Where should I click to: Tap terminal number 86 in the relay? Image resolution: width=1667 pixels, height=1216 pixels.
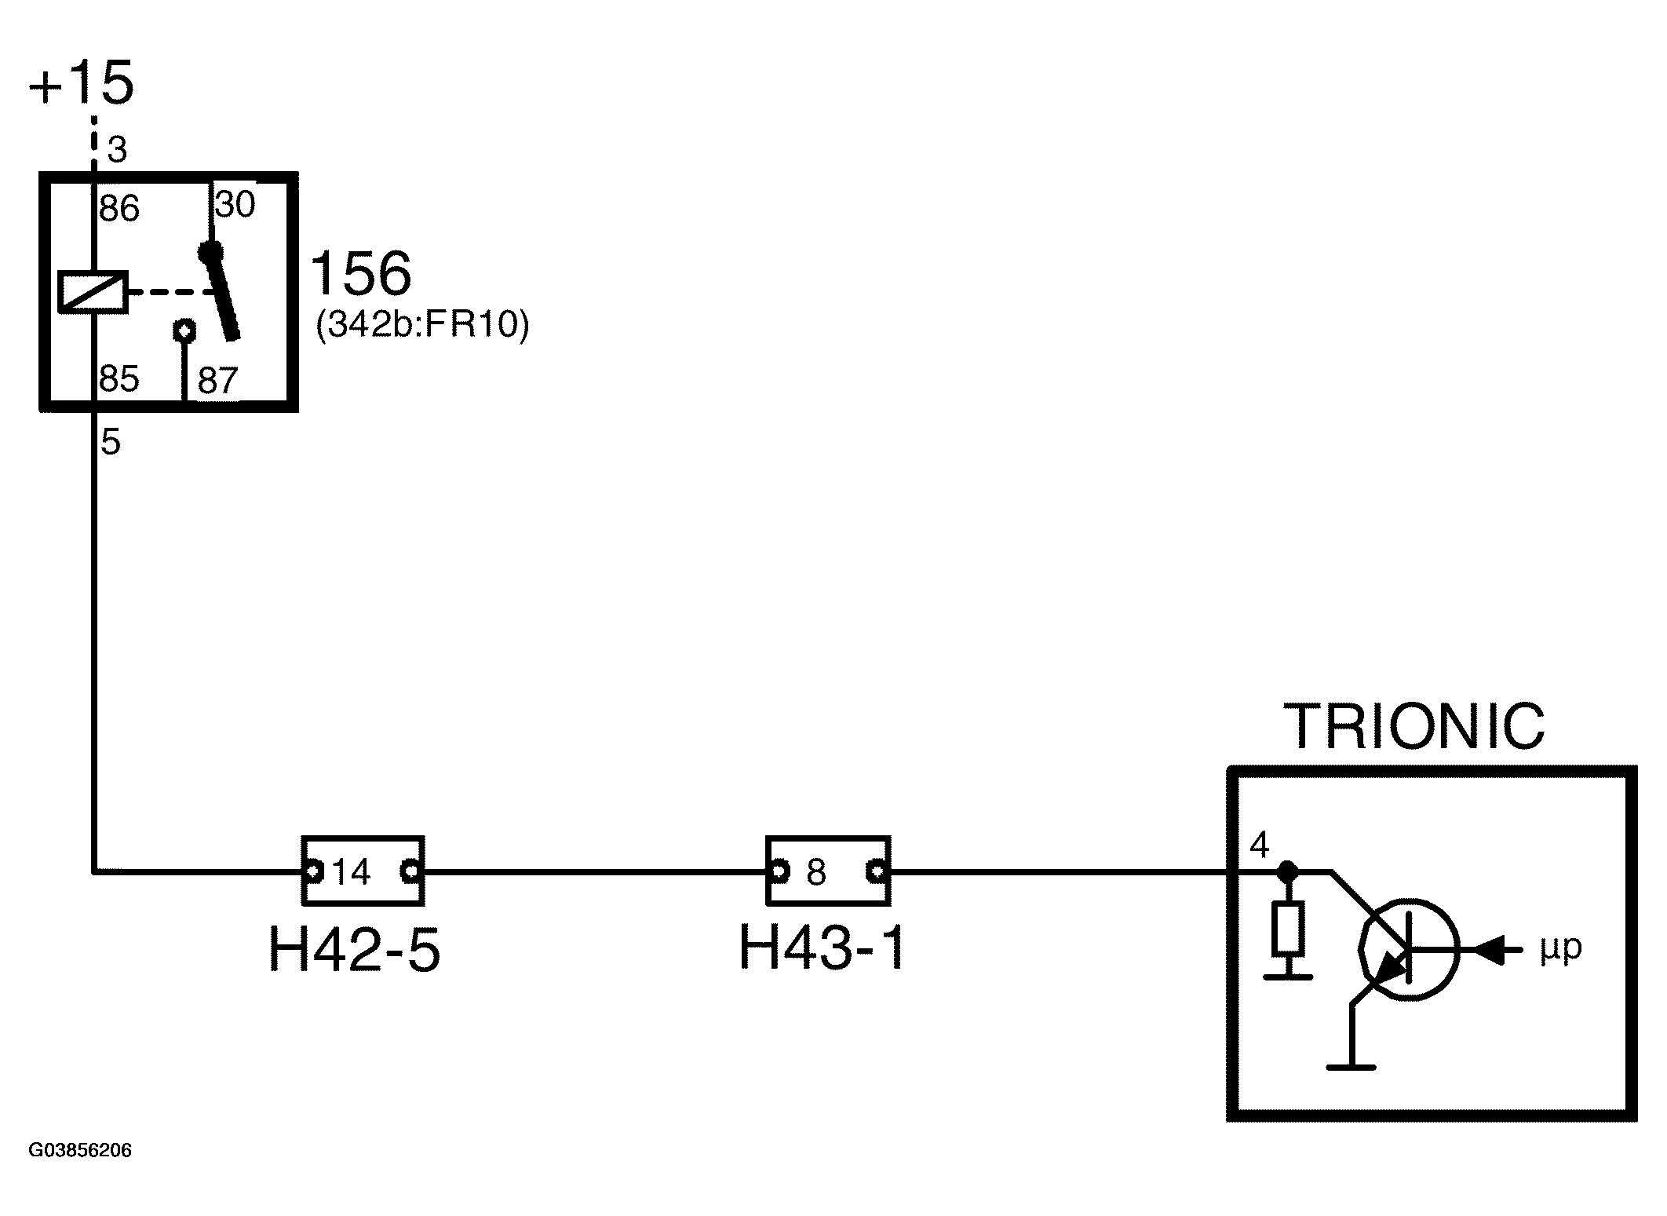tap(119, 209)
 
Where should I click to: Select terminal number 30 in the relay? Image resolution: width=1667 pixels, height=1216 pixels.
tap(235, 205)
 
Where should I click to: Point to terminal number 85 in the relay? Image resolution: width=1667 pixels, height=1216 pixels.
tap(119, 378)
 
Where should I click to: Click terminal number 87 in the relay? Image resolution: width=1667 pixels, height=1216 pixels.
tap(217, 381)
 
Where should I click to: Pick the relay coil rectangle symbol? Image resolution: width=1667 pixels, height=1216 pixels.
tap(93, 292)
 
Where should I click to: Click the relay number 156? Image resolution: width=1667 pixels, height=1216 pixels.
tap(361, 272)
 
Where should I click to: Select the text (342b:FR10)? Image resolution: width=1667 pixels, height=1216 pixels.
tap(422, 324)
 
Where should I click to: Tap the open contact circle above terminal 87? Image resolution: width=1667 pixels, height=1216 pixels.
tap(184, 330)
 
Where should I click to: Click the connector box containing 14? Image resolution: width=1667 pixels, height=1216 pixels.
tap(363, 871)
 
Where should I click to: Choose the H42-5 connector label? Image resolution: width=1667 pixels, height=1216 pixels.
tap(355, 949)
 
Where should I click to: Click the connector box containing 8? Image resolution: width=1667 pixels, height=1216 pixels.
tap(828, 871)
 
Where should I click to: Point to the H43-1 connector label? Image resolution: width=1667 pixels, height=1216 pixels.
tap(823, 947)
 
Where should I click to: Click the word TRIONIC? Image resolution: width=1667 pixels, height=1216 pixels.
tap(1413, 726)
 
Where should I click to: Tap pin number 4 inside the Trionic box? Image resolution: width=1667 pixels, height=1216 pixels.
tap(1259, 845)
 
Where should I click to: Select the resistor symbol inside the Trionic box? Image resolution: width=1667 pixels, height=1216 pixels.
tap(1288, 929)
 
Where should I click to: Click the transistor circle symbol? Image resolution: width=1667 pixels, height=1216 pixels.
tap(1410, 948)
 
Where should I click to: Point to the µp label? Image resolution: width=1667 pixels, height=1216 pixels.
tap(1560, 949)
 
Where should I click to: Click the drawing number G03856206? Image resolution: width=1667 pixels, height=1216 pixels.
tap(80, 1151)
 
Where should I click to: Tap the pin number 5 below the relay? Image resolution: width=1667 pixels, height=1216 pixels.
tap(111, 443)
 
